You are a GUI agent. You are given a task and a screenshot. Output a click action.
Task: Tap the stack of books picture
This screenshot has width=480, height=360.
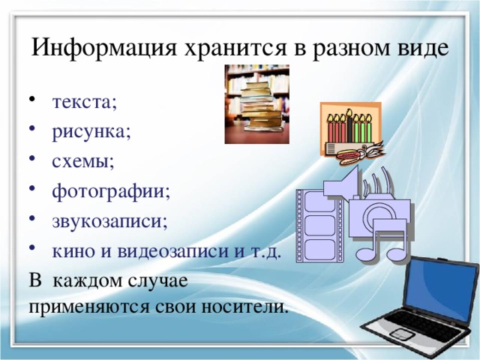pos(257,106)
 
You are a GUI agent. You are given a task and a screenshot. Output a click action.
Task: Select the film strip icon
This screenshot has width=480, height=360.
pos(319,224)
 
